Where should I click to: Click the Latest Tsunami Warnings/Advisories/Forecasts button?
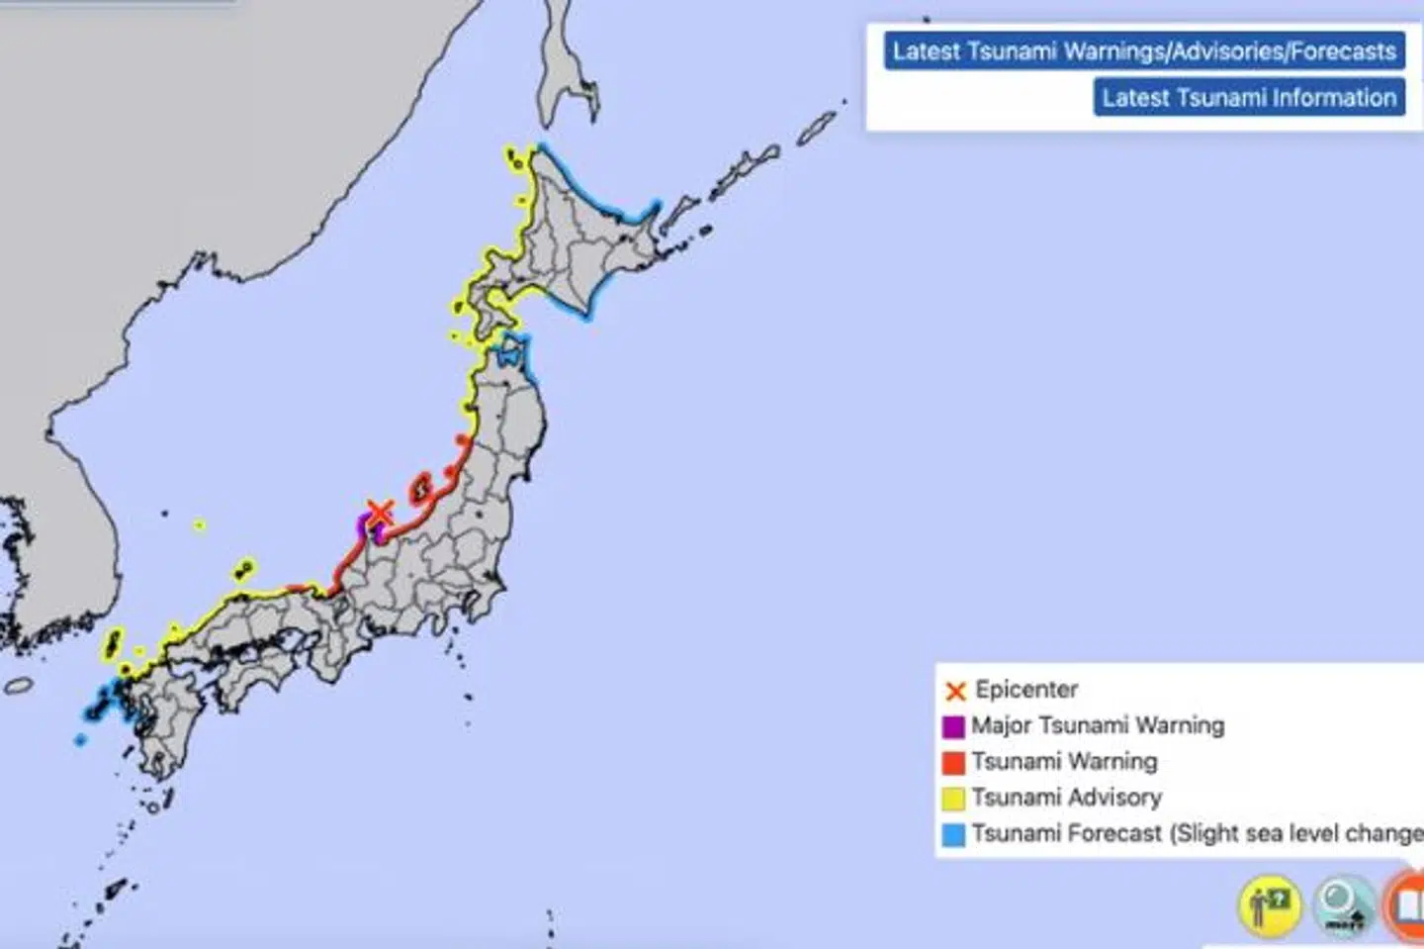coord(1144,51)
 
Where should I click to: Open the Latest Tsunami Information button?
coord(1249,98)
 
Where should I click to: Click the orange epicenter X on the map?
coord(380,513)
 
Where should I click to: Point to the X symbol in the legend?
coord(954,691)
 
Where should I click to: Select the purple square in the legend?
coord(953,726)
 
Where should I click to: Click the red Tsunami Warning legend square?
coord(953,762)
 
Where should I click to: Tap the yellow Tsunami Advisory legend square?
coord(953,798)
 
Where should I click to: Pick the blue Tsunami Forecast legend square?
coord(953,834)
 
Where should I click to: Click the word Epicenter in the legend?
coord(1026,690)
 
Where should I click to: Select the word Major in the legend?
coord(1001,725)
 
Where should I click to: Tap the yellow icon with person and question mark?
coord(1269,903)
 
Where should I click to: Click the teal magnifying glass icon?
coord(1344,903)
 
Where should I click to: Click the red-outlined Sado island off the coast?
coord(420,487)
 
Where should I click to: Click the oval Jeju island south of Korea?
coord(19,685)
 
